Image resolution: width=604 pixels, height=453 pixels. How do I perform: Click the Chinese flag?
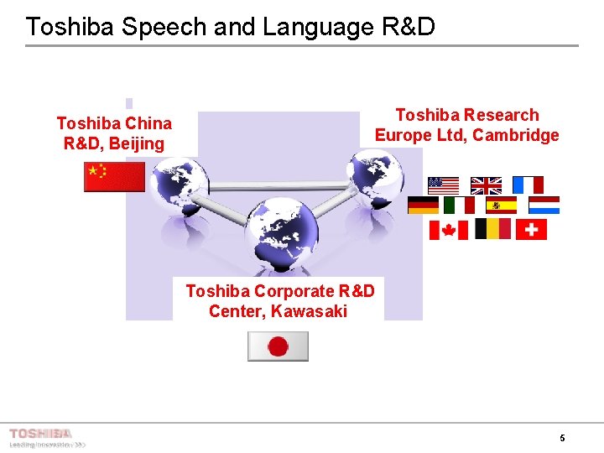click(114, 177)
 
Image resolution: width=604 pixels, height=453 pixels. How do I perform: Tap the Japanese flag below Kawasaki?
click(278, 346)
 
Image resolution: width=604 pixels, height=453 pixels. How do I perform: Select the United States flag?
click(443, 185)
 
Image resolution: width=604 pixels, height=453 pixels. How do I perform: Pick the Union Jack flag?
click(486, 185)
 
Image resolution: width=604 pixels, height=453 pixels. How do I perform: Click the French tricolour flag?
click(528, 185)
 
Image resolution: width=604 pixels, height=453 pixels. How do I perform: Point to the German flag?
click(423, 206)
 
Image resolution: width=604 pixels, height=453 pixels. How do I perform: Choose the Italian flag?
click(459, 206)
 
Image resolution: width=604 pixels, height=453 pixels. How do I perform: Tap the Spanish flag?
click(501, 206)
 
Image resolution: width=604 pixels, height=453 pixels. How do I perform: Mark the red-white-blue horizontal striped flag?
click(544, 206)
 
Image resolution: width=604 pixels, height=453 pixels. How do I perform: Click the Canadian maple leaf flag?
click(448, 230)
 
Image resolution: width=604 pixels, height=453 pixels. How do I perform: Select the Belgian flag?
click(492, 229)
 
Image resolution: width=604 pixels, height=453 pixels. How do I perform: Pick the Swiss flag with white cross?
click(531, 230)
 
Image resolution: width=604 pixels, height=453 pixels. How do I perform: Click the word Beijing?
click(137, 143)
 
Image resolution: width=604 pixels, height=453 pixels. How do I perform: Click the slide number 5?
click(562, 438)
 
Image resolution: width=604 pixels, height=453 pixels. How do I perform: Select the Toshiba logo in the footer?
click(40, 434)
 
